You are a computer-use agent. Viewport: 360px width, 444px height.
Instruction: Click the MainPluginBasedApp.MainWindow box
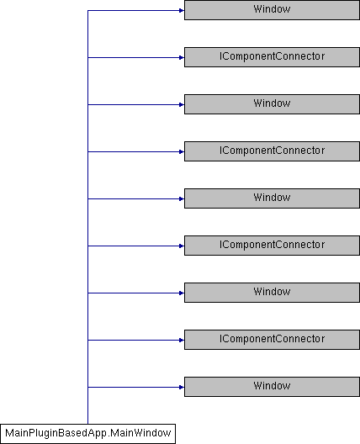(87, 434)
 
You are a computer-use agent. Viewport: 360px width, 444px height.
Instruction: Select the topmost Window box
(272, 10)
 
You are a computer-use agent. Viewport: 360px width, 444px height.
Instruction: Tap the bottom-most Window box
(272, 387)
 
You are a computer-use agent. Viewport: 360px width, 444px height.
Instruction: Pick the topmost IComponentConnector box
(272, 57)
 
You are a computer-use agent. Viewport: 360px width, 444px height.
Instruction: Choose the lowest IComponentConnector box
(272, 340)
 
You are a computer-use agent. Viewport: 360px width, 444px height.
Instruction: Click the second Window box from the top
(272, 104)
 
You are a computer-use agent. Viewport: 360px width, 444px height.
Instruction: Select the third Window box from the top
(272, 198)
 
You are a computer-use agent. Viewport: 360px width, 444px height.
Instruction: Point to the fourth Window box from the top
(272, 293)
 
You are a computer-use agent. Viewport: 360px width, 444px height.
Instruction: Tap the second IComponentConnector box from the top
(272, 151)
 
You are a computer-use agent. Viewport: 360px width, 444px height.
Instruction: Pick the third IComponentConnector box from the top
(272, 246)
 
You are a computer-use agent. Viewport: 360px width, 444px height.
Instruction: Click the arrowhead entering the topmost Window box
(182, 10)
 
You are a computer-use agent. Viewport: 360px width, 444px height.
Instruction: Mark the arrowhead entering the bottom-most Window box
(182, 387)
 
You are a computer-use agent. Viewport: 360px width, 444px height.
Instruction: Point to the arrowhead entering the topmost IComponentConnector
(182, 57)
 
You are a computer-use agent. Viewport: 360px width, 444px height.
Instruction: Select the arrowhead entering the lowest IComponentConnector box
(182, 340)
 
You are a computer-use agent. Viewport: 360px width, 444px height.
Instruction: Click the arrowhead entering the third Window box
(182, 198)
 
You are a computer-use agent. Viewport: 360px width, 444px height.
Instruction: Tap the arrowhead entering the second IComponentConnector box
(182, 151)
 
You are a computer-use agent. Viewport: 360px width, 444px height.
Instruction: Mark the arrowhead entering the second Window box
(182, 105)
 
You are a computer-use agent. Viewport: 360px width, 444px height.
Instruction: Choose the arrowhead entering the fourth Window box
(182, 293)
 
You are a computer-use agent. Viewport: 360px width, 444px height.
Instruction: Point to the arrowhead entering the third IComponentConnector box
(182, 246)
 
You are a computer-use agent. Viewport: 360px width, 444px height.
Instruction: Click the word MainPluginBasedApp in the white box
(56, 434)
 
